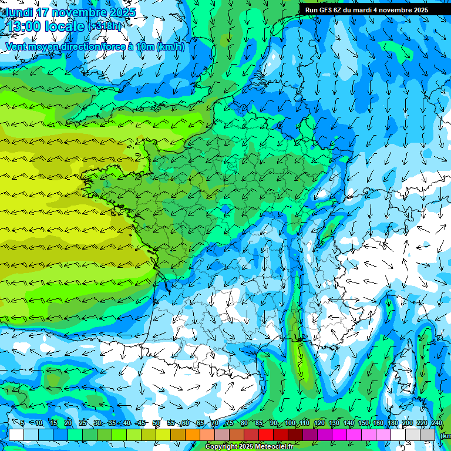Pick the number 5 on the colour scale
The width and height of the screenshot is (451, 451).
[x=22, y=423]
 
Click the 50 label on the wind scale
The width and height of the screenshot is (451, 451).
[x=156, y=423]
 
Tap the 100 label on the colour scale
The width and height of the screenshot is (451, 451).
[x=290, y=423]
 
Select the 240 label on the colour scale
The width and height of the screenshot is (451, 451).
[x=437, y=423]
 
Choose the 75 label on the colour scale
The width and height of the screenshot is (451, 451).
[x=230, y=423]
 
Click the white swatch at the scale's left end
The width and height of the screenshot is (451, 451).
[x=16, y=435]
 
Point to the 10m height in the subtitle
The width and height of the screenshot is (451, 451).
[x=144, y=47]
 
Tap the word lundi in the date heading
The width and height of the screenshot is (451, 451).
[x=19, y=12]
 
